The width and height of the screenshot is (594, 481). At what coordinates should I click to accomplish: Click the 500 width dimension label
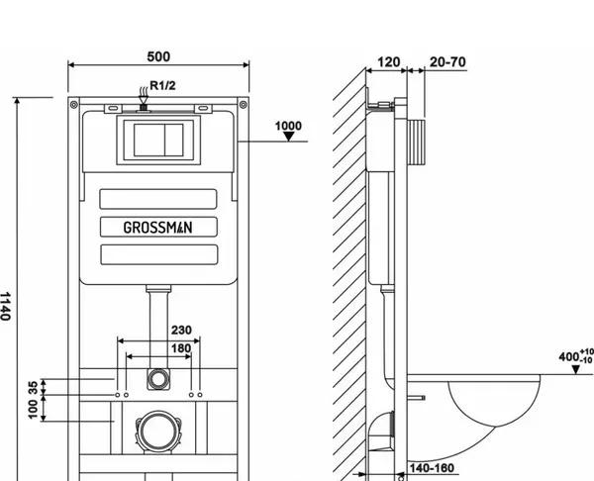[x=158, y=56]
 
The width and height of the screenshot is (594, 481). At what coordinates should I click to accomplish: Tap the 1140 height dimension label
[x=5, y=306]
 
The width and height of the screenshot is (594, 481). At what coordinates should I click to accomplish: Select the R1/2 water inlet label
[x=163, y=85]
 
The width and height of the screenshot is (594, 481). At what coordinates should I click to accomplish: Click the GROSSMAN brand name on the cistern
[x=158, y=228]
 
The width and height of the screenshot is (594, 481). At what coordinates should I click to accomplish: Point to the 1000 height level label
[x=288, y=126]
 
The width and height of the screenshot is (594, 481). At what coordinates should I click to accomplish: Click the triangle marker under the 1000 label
[x=289, y=137]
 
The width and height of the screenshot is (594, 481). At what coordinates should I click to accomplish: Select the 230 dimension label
[x=181, y=331]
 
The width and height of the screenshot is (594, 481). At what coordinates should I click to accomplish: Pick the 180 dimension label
[x=181, y=348]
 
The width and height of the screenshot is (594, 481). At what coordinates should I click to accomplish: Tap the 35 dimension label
[x=34, y=387]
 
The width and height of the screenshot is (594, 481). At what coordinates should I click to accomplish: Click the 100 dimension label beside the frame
[x=34, y=410]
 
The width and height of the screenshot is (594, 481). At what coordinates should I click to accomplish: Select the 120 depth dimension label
[x=389, y=61]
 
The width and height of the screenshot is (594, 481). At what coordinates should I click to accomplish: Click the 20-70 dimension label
[x=447, y=61]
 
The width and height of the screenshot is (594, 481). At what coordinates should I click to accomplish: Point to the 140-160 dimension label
[x=432, y=468]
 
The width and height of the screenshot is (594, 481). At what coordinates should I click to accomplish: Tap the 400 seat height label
[x=576, y=356]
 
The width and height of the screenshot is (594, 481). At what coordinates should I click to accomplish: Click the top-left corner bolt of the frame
[x=74, y=104]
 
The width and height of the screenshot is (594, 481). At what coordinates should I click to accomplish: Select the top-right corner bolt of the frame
[x=244, y=104]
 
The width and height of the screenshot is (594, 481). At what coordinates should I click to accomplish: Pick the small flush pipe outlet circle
[x=158, y=379]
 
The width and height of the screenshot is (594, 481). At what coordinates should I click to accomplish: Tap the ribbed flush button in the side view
[x=416, y=143]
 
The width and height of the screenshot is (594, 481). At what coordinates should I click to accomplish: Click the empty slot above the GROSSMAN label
[x=158, y=199]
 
